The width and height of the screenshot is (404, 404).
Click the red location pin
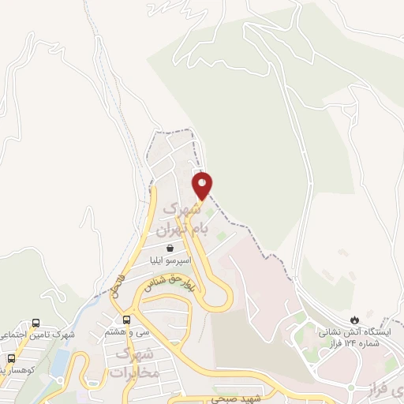203,185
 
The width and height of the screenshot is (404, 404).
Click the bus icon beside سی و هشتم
127,320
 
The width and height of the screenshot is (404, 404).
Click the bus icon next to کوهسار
11,357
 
